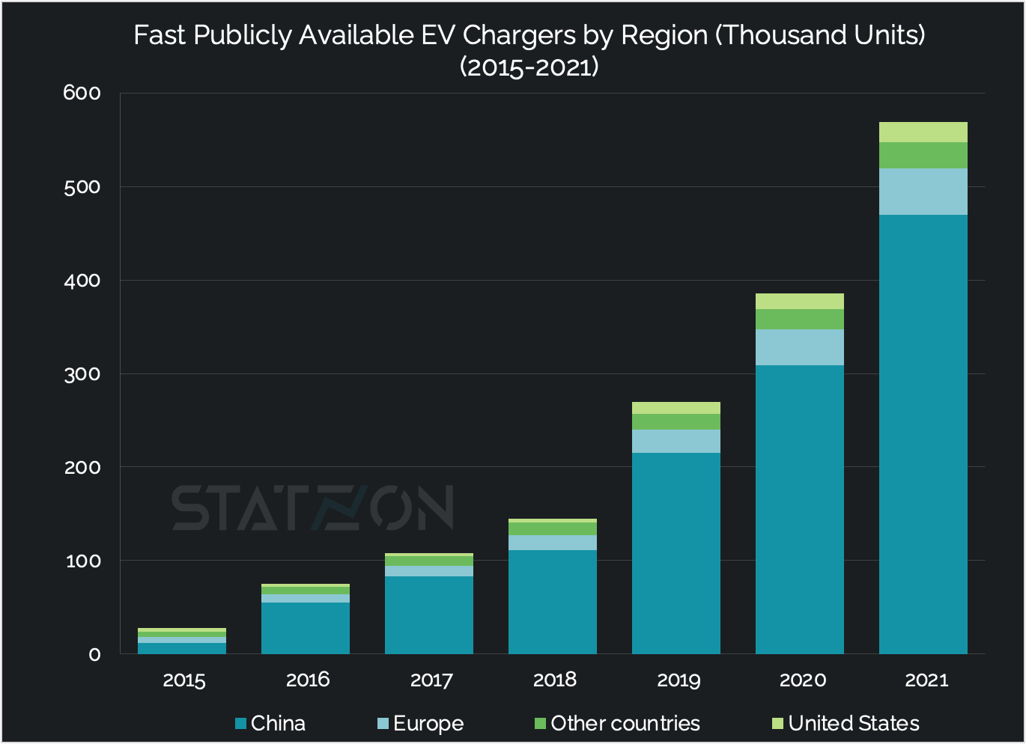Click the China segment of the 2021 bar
point(923,434)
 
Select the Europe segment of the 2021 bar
point(923,192)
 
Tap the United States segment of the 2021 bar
point(923,132)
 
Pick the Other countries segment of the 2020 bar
point(799,319)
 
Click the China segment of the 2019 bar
point(676,553)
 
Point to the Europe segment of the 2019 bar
point(676,441)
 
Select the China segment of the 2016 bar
point(305,628)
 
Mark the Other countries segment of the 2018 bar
point(552,528)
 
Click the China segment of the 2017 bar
point(428,615)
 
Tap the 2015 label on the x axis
point(183,680)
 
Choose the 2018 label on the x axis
point(554,680)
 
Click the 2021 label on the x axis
point(926,680)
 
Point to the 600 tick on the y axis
point(82,93)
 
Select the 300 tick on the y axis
point(82,373)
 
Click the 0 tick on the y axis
point(94,654)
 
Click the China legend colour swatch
point(240,724)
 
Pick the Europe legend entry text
point(428,724)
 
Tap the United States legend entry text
point(853,724)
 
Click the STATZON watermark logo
point(312,508)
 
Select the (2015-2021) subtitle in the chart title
point(529,67)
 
